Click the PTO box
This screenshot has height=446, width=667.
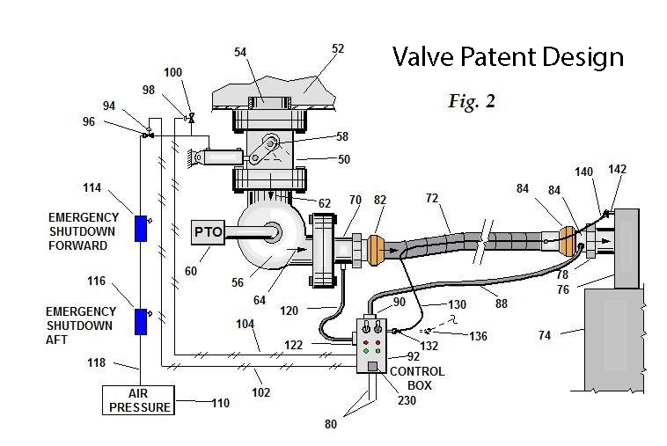(x=207, y=231)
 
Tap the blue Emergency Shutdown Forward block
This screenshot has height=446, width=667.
(x=139, y=228)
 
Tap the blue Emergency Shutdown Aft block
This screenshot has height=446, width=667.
(x=139, y=321)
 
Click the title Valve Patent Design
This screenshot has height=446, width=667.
(x=508, y=58)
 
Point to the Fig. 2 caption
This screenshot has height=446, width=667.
(x=472, y=102)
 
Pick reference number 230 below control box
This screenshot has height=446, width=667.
(x=406, y=401)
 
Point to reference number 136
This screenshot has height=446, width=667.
(x=479, y=336)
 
